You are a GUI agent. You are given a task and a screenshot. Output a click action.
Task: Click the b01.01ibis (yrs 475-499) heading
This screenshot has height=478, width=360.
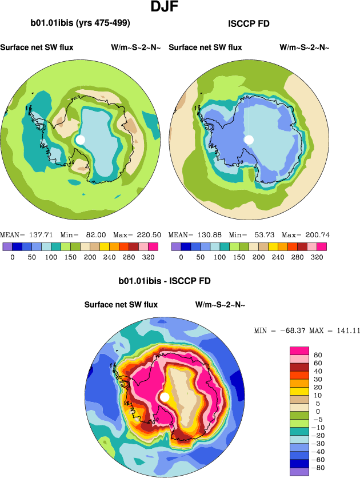tap(80, 23)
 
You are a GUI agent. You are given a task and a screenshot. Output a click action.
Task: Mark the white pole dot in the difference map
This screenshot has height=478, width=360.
tap(165, 397)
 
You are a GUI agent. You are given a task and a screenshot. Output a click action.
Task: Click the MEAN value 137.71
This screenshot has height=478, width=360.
tap(33, 235)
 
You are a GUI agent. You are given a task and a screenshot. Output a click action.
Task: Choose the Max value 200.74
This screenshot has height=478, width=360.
tap(316, 235)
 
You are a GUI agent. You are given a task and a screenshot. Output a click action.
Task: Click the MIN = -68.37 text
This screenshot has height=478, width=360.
tap(278, 330)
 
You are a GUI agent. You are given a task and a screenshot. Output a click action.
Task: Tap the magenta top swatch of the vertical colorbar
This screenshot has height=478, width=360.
tap(299, 350)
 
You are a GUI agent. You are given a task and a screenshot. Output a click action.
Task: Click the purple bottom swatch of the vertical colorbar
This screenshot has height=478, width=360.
tap(299, 472)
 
